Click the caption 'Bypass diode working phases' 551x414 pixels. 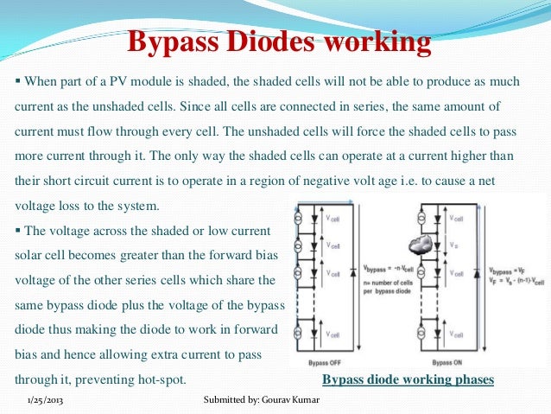click(x=408, y=380)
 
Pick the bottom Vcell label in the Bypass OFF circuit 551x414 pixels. click(x=335, y=335)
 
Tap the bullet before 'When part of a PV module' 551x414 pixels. click(x=18, y=82)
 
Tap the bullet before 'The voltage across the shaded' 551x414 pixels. click(x=18, y=231)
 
